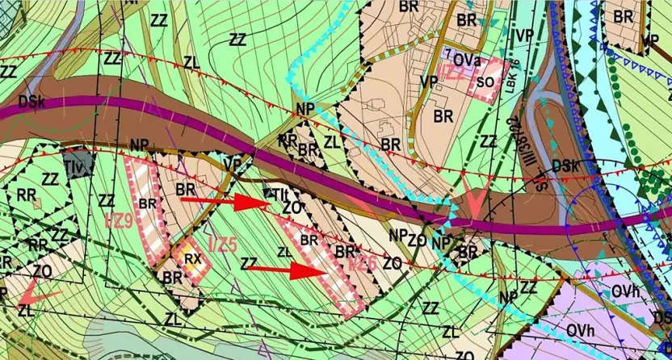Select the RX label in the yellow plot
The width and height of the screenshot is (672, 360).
pyautogui.click(x=192, y=259)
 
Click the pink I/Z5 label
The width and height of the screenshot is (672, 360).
pyautogui.click(x=223, y=242)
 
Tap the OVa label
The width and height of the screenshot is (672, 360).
pyautogui.click(x=468, y=59)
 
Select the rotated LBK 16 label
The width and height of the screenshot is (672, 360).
pyautogui.click(x=511, y=77)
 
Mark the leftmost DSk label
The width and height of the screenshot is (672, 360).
pyautogui.click(x=29, y=102)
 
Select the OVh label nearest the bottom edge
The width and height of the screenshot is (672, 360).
pyautogui.click(x=580, y=329)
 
